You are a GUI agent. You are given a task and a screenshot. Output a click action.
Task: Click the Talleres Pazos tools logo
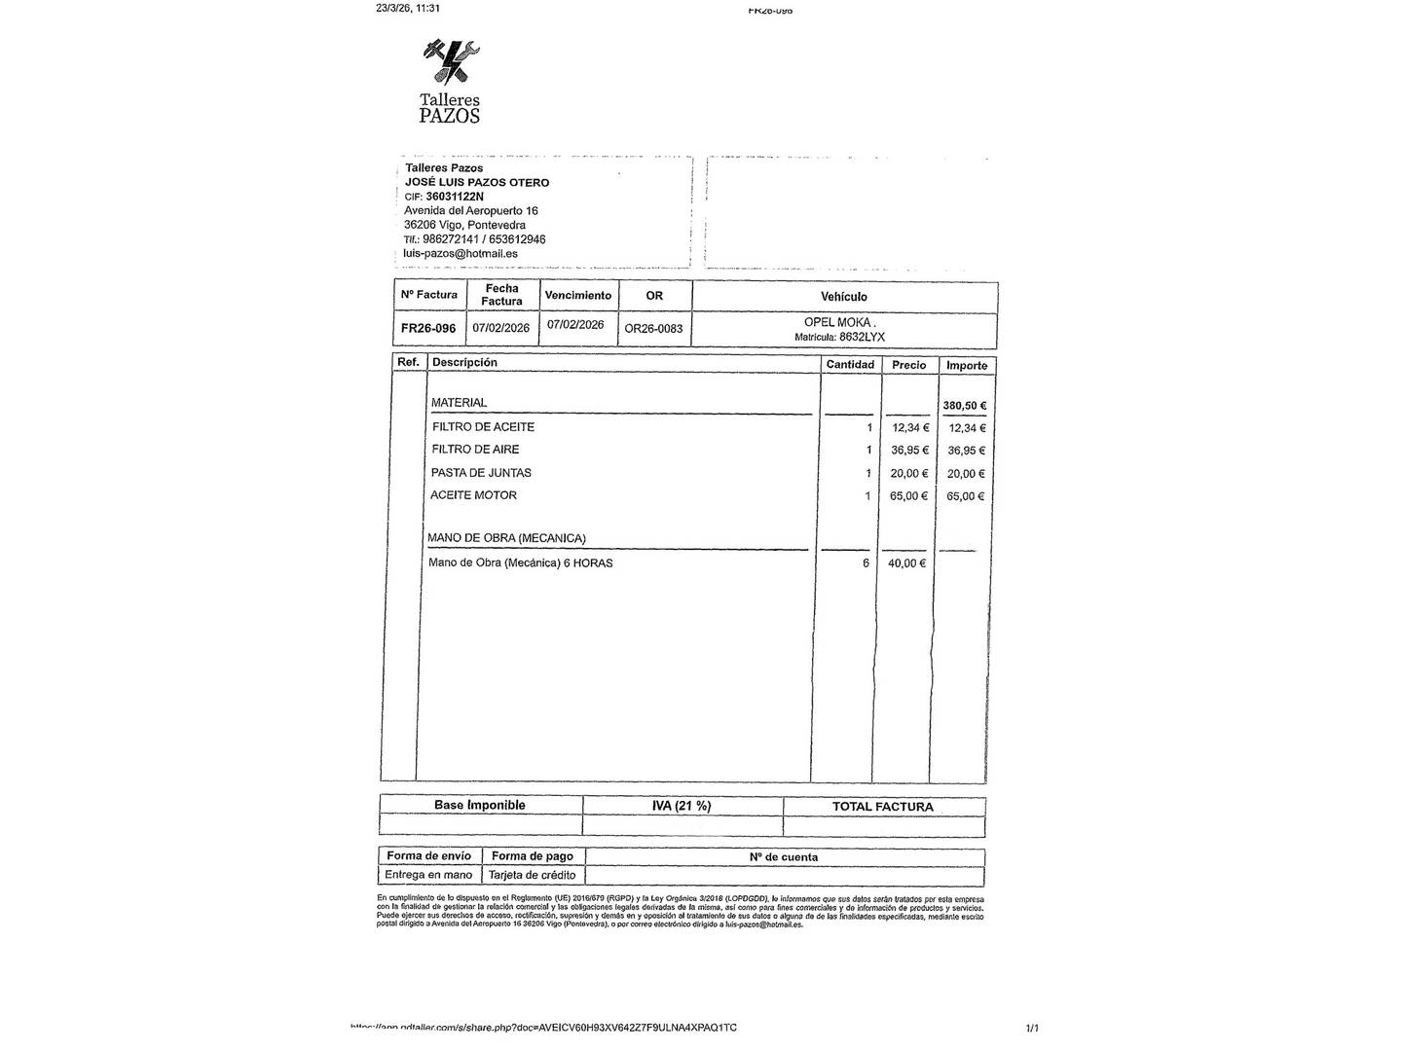[451, 61]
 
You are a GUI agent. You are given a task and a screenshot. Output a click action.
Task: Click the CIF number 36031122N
[455, 197]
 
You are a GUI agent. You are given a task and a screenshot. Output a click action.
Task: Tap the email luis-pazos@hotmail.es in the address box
[461, 254]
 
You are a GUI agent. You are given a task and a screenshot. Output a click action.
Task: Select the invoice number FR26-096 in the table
[428, 329]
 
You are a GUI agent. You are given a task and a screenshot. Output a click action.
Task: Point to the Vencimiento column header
[578, 295]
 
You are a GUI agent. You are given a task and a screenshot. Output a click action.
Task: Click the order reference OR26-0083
[653, 329]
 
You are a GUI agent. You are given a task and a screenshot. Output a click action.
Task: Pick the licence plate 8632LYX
[862, 338]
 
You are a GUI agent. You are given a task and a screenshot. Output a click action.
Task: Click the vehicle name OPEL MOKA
[838, 322]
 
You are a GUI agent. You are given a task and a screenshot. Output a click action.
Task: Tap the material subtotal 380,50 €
[964, 406]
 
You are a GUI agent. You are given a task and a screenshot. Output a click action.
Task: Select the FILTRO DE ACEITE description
[483, 427]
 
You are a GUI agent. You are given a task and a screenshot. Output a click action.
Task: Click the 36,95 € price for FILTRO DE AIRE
[910, 451]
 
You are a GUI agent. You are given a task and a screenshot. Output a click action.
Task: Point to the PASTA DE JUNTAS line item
[481, 473]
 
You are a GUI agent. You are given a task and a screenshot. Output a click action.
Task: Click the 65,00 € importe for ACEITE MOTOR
[966, 496]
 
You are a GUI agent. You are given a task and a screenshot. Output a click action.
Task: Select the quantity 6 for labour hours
[866, 563]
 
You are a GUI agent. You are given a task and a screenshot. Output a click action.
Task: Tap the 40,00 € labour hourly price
[906, 563]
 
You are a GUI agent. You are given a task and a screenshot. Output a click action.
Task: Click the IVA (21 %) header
[682, 806]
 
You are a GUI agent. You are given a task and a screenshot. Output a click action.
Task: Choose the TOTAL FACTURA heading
[882, 807]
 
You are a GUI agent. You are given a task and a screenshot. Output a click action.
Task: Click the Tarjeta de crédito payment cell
[532, 875]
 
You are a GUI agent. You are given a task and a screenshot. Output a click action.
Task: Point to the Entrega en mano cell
[428, 875]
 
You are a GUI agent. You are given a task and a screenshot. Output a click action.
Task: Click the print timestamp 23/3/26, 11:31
[408, 8]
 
